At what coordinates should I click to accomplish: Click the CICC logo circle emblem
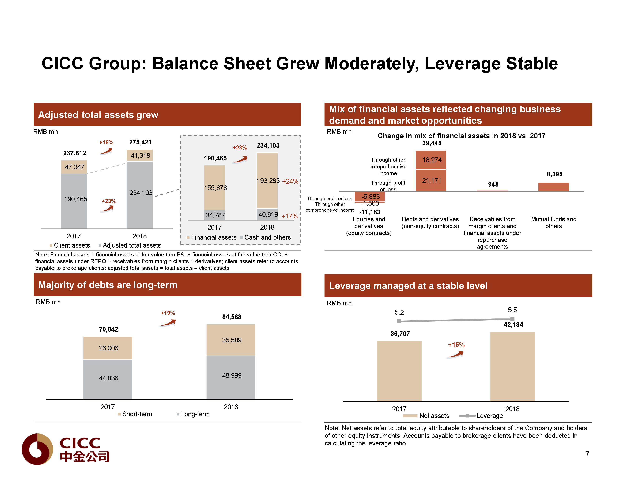[x=37, y=449]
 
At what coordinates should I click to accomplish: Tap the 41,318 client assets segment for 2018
[x=140, y=156]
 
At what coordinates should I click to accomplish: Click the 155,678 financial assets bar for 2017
[x=214, y=188]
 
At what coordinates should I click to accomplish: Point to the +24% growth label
[x=290, y=181]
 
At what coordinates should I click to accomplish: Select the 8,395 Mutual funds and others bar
[x=553, y=187]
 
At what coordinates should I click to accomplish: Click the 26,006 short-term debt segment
[x=108, y=348]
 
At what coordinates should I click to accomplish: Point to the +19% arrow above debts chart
[x=168, y=322]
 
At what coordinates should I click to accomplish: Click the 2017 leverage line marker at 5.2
[x=399, y=321]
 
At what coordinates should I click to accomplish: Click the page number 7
[x=587, y=454]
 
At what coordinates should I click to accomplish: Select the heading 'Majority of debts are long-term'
[x=108, y=285]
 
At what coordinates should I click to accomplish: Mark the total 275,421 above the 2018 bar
[x=140, y=142]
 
